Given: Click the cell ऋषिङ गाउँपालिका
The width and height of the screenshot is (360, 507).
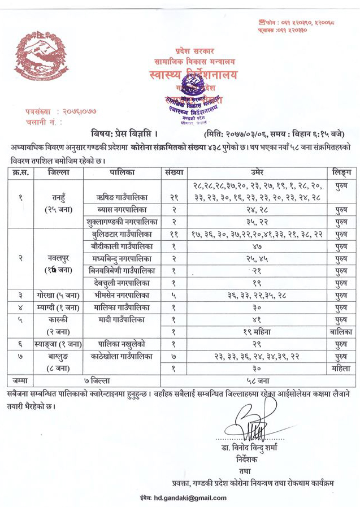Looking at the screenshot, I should (x=120, y=198).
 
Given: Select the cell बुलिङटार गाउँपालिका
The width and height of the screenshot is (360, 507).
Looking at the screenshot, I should (x=121, y=234).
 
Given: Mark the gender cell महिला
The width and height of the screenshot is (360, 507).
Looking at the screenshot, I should (x=342, y=367).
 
